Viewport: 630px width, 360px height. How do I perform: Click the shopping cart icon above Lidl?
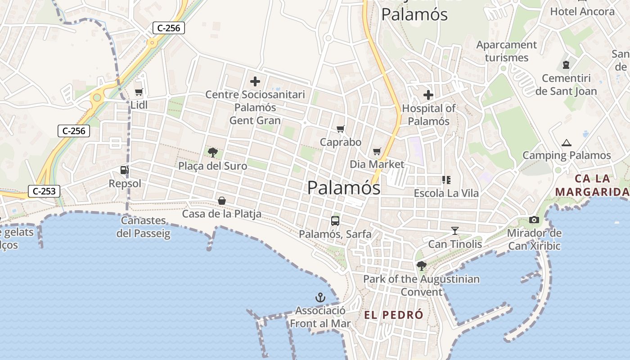(139, 92)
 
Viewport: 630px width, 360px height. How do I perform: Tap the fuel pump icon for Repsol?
(124, 170)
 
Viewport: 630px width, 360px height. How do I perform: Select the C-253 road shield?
(44, 191)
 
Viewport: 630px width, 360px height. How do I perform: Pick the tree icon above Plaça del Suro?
(213, 153)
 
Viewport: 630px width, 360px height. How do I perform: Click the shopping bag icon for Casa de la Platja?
(222, 201)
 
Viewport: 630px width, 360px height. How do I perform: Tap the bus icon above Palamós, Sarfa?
(335, 220)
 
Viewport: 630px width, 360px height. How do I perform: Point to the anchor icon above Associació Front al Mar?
(320, 297)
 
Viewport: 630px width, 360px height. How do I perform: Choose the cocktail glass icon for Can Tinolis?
(455, 231)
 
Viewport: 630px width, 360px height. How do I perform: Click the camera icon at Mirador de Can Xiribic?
(534, 220)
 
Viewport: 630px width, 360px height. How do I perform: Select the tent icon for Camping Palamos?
(566, 143)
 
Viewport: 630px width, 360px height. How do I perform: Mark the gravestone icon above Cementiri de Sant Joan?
(566, 65)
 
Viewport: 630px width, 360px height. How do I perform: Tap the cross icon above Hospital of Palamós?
(428, 95)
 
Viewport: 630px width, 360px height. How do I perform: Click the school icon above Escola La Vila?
(446, 180)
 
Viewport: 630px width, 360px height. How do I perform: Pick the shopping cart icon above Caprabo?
(341, 129)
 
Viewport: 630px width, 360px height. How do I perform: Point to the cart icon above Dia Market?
(377, 151)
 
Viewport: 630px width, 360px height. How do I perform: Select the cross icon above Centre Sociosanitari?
(255, 81)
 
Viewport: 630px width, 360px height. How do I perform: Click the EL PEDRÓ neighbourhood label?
(394, 315)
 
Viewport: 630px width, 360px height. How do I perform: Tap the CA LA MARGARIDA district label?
(591, 185)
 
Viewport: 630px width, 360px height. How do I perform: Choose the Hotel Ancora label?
(582, 11)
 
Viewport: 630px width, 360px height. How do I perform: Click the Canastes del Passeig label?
(144, 227)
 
